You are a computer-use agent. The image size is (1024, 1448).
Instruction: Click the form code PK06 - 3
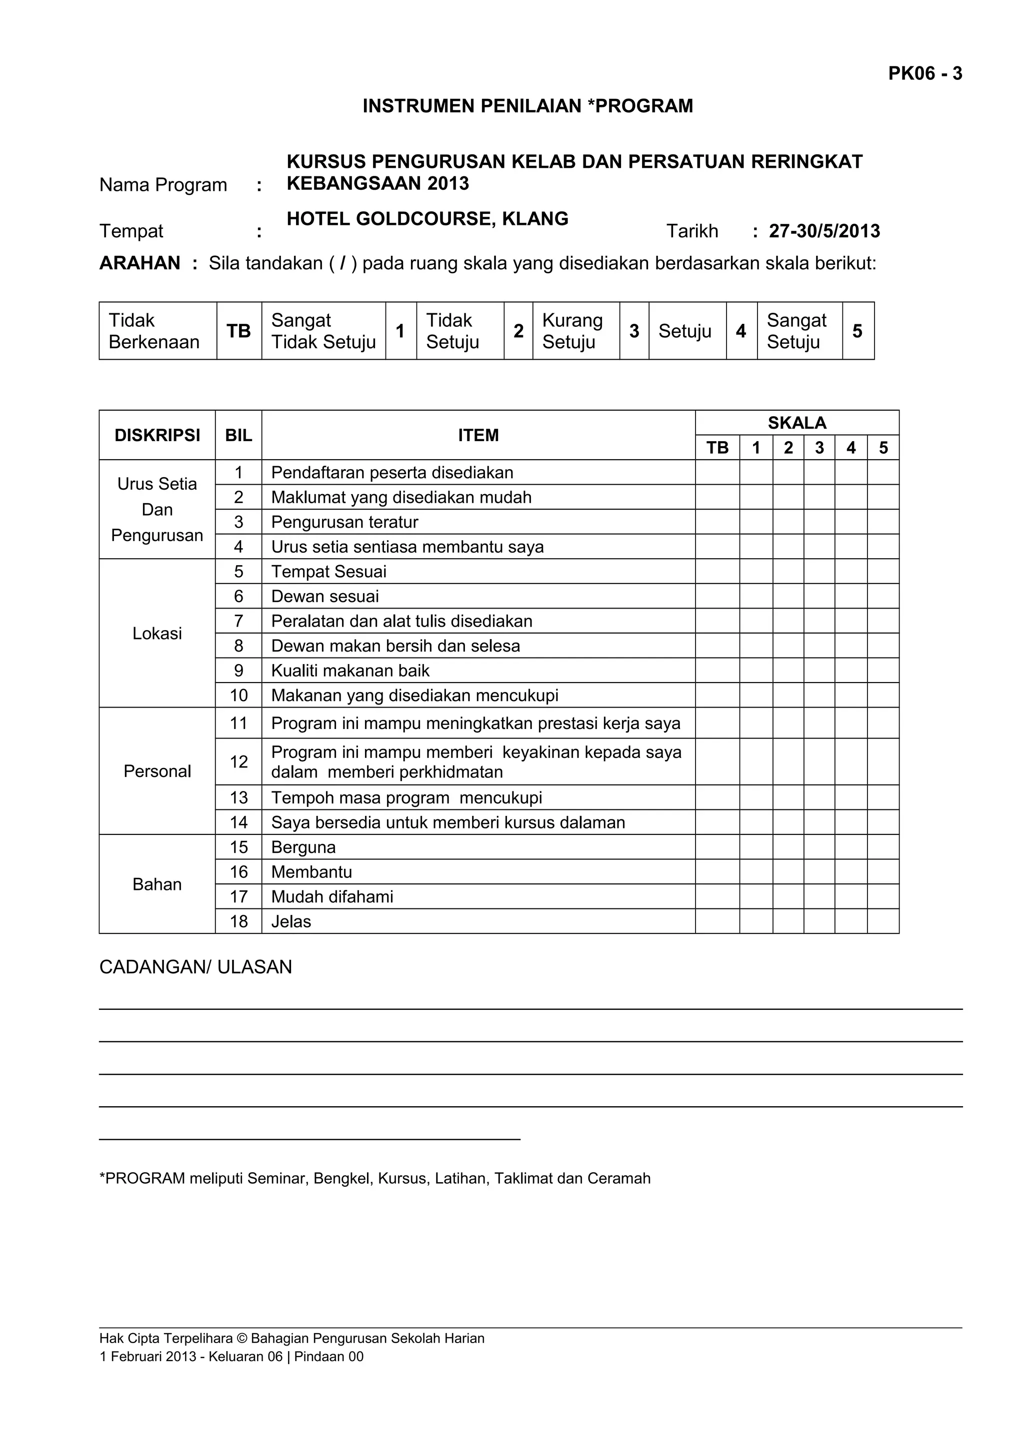tap(924, 74)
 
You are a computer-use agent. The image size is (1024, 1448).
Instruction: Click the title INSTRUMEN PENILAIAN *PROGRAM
tap(527, 106)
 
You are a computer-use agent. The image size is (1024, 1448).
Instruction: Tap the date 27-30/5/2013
tap(824, 231)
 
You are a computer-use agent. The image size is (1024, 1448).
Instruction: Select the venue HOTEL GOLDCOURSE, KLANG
tap(427, 219)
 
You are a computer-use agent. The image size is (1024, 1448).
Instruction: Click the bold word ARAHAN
tap(139, 263)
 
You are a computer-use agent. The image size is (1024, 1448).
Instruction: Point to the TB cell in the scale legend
tap(238, 331)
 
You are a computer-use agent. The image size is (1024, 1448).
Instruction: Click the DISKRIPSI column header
tap(157, 435)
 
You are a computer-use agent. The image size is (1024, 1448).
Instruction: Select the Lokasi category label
tap(157, 633)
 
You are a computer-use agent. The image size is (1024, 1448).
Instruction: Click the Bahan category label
tap(157, 884)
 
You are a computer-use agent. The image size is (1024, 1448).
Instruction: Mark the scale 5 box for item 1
tap(882, 472)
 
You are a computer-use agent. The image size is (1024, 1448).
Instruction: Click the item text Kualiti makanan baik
tap(350, 671)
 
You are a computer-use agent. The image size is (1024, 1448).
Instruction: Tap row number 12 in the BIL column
tap(238, 762)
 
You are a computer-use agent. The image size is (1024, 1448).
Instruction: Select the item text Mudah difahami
tap(332, 897)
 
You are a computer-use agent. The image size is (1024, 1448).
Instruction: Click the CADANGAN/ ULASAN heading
tap(195, 967)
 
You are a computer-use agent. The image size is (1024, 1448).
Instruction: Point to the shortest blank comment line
tap(309, 1139)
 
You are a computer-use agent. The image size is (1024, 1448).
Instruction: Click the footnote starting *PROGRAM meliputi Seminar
tap(375, 1179)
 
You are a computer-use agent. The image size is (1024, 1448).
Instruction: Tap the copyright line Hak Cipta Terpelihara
tap(291, 1338)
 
